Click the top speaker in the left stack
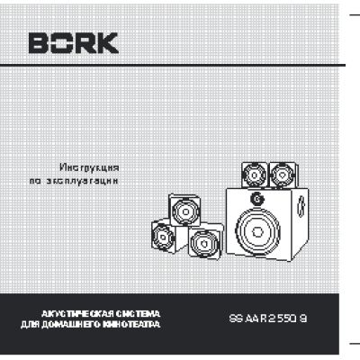(184, 212)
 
